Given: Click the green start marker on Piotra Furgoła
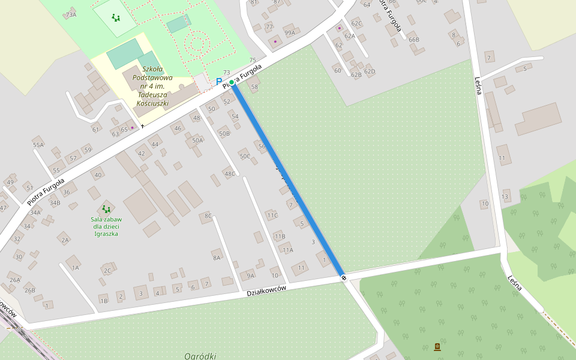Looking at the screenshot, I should coord(232,82).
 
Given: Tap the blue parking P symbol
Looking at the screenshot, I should coord(219,82).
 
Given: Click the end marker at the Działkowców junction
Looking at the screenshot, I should coord(344,277).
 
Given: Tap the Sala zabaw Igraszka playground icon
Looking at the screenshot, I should coord(106,209).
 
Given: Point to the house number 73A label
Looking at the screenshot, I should coord(71,14).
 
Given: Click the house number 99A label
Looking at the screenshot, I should coord(290,33).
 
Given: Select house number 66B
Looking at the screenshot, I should coord(414,40).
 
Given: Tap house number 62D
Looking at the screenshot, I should coord(370,72).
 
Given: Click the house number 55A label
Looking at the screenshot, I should coord(38,145).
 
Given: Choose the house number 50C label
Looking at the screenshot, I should coord(245,157).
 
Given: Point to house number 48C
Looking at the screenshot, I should coord(230,174).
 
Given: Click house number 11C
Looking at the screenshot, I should coord(272,215).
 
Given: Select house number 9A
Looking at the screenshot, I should coord(251,275).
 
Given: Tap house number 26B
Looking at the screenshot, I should coord(29,290).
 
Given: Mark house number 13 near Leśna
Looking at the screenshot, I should coord(505,197).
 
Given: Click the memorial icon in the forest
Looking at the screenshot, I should coord(437,347).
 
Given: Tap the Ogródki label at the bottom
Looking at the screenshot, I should coord(200,356).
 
